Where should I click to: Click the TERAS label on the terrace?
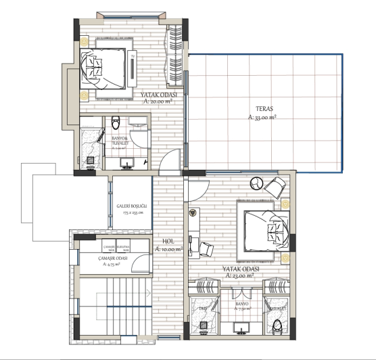coord(264,108)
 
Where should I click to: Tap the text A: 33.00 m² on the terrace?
coord(264,117)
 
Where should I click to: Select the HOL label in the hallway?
coord(168,241)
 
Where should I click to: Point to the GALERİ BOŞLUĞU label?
coord(130,205)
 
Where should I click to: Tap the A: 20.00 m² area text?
coord(159,103)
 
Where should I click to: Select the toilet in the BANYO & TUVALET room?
coord(115,123)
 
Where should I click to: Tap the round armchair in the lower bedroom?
coord(258,182)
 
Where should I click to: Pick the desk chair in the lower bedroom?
coord(206,250)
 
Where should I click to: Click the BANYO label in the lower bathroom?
coord(241,305)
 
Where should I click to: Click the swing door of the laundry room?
coord(138,265)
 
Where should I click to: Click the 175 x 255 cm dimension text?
coord(133,212)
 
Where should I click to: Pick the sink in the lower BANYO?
coord(241,329)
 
